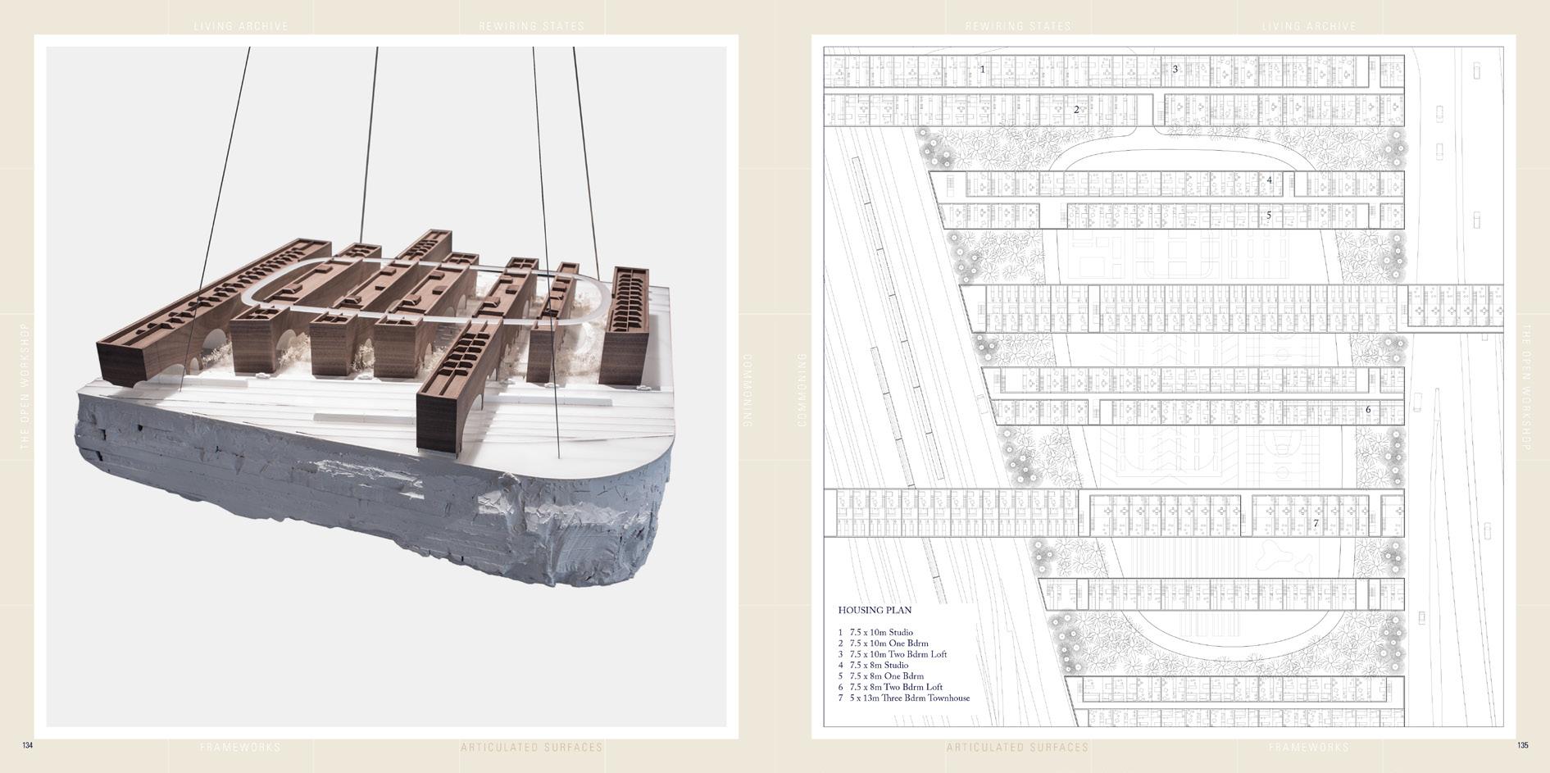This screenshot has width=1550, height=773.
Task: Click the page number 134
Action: click(x=27, y=745)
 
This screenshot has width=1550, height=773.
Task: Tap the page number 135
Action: click(x=1522, y=745)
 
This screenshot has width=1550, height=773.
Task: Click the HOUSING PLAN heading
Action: click(x=874, y=610)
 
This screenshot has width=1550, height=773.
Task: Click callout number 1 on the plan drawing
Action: click(x=983, y=70)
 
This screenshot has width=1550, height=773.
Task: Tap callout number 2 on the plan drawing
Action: click(x=1076, y=109)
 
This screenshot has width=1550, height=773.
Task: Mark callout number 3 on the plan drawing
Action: click(x=1175, y=69)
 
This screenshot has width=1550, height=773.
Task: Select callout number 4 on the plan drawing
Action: click(x=1269, y=180)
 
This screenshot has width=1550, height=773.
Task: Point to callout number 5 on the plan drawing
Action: click(x=1269, y=216)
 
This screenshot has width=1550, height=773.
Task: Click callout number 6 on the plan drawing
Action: click(x=1367, y=410)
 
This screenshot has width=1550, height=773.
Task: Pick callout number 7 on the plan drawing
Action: click(x=1316, y=523)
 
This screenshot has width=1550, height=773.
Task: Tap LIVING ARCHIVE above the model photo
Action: click(x=241, y=26)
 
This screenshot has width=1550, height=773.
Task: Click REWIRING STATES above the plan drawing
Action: click(x=1018, y=26)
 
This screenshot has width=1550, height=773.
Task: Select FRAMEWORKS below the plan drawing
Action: click(x=1308, y=748)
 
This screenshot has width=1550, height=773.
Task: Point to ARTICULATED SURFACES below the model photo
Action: click(x=531, y=748)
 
